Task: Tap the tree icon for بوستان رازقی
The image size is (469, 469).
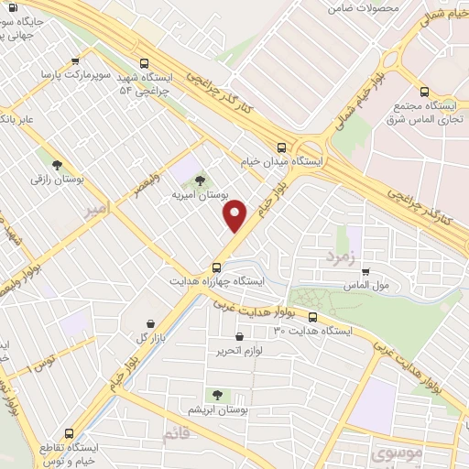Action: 58,166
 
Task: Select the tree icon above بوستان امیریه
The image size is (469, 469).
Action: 200,181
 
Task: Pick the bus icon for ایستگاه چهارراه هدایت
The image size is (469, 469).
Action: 215,267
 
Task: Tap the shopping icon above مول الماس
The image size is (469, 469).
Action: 365,271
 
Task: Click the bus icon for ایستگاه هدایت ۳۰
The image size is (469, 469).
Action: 313,318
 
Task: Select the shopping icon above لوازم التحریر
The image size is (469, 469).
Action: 239,337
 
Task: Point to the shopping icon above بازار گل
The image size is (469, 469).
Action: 152,323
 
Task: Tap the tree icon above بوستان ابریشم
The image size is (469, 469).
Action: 217,394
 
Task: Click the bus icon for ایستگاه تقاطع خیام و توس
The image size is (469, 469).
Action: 70,433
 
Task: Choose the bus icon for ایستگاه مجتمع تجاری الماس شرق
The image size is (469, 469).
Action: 424,92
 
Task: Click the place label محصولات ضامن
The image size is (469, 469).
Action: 364,8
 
